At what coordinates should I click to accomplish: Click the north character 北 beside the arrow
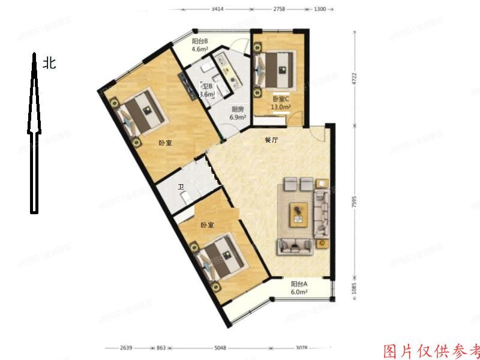[49, 62]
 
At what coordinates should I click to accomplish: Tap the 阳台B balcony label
[200, 41]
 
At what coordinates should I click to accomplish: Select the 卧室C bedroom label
[280, 98]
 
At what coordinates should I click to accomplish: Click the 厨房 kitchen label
[238, 109]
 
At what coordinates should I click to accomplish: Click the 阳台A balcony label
[299, 284]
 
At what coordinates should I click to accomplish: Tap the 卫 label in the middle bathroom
[181, 187]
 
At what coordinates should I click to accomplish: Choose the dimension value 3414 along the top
[218, 10]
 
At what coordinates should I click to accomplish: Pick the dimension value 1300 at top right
[319, 10]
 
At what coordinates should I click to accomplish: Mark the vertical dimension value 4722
[354, 79]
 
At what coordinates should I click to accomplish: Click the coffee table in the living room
[299, 214]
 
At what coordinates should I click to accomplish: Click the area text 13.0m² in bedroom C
[280, 108]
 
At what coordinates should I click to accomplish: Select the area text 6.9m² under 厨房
[238, 118]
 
